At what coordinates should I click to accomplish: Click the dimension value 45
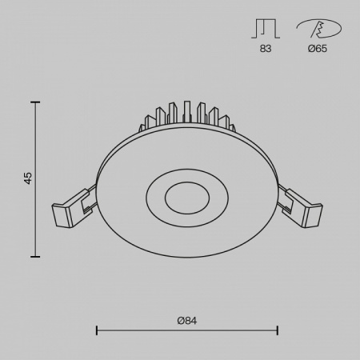[27, 178]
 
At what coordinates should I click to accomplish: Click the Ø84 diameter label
[186, 320]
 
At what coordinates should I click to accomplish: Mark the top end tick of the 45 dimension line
[35, 102]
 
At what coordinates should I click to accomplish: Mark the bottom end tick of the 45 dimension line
[35, 256]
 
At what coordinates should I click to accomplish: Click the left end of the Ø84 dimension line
[97, 330]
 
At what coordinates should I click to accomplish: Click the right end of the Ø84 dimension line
[277, 330]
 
